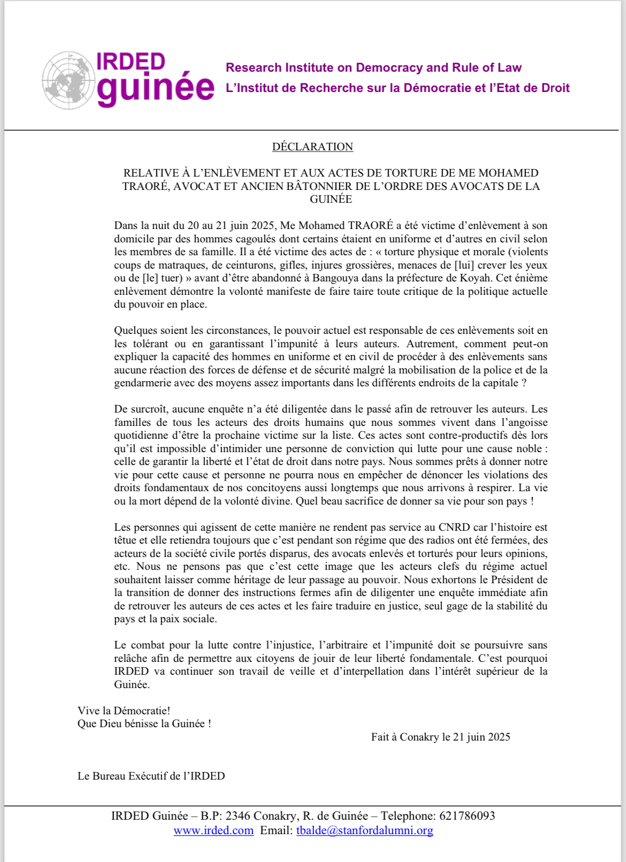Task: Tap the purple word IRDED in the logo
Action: [131, 62]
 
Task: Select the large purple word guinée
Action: [155, 88]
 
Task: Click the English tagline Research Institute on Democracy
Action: [373, 67]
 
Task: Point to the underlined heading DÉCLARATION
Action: [312, 147]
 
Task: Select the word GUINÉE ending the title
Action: [331, 199]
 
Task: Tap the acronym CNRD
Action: [455, 528]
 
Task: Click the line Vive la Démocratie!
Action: [124, 711]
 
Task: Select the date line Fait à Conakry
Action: [440, 737]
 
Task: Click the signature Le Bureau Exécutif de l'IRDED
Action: [151, 776]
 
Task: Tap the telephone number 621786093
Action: [467, 816]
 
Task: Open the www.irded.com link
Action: [213, 830]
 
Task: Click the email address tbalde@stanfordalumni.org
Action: [364, 830]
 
